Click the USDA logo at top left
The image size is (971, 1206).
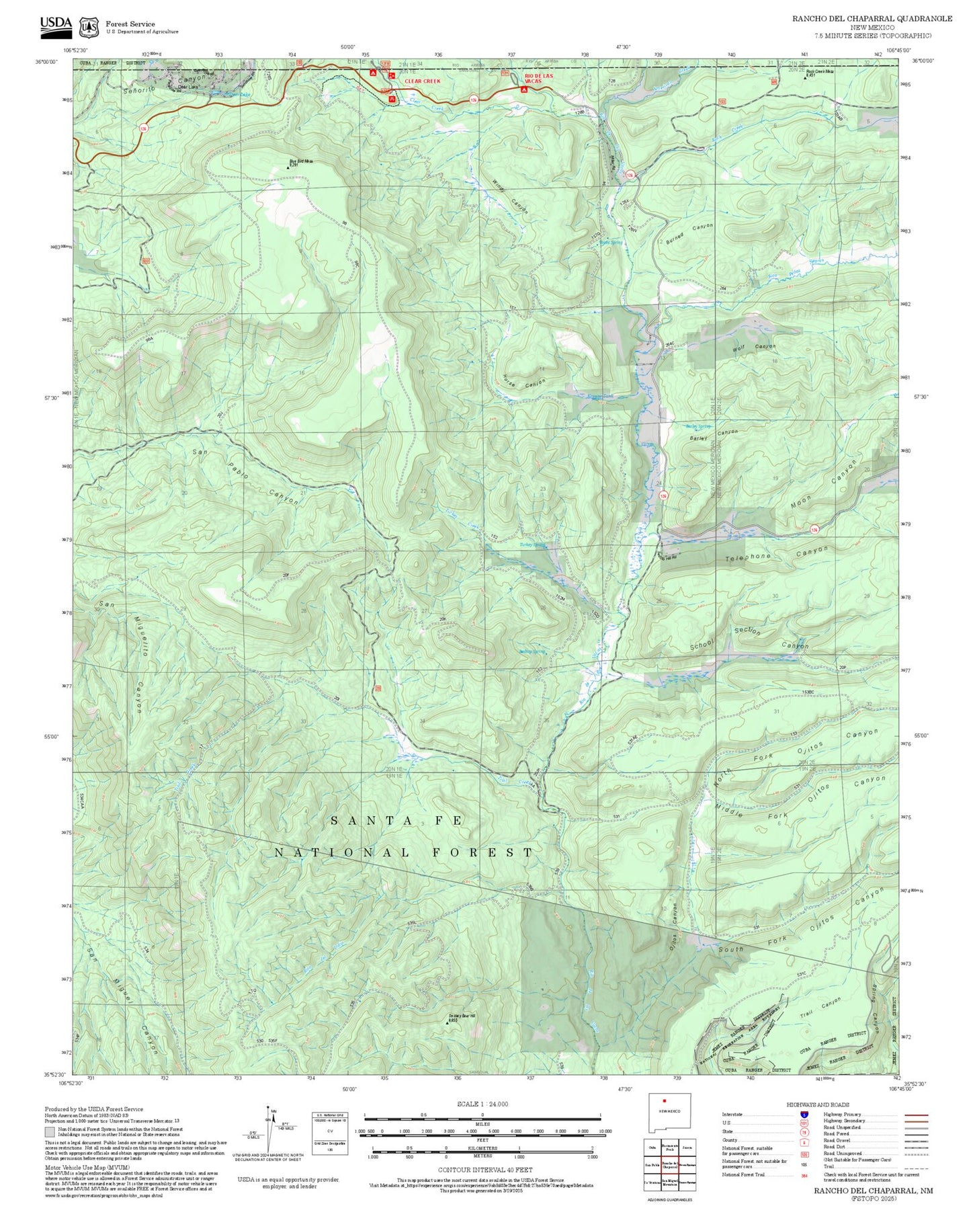point(55,24)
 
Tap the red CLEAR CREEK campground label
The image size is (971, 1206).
point(422,81)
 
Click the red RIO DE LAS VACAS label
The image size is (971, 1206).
point(539,79)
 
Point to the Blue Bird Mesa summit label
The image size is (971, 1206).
point(301,161)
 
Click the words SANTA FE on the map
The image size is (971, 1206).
point(396,821)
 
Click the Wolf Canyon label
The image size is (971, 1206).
point(753,348)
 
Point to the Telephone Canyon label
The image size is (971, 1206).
point(776,554)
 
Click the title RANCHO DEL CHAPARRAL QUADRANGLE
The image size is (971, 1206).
point(872,18)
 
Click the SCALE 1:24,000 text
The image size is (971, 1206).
point(482,1104)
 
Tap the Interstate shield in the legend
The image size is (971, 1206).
point(804,1114)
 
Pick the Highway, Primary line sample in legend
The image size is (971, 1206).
point(915,1115)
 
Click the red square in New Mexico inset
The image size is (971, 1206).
point(664,1101)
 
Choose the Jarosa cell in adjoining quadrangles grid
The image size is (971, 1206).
point(687,1148)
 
